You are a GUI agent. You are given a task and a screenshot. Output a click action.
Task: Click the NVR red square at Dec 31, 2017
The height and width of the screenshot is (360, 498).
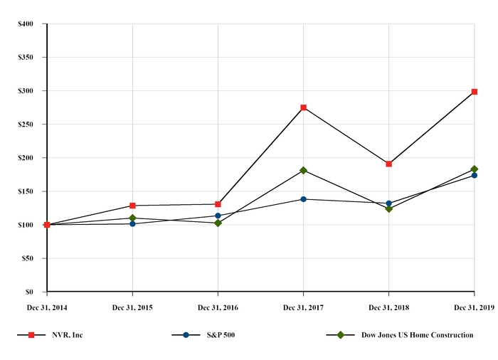tap(304, 107)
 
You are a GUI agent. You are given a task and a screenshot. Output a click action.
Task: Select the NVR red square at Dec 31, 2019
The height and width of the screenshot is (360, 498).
tap(475, 92)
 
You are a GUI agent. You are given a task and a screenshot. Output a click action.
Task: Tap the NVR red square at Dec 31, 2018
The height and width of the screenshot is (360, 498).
tap(389, 164)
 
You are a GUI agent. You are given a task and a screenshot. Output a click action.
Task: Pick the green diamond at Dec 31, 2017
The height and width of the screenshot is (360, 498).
tap(304, 170)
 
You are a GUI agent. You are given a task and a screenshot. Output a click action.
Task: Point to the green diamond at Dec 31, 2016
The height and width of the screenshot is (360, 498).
tap(218, 223)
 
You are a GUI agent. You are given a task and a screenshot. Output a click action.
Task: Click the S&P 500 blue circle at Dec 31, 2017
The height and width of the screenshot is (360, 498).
tap(304, 199)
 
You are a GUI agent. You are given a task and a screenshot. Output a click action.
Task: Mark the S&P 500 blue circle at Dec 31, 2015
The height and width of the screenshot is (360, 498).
tap(133, 223)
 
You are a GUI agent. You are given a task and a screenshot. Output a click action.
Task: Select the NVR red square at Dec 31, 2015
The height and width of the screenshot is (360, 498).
tap(133, 206)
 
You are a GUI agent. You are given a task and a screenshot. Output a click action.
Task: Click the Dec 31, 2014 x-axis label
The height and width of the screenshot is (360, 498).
tap(47, 307)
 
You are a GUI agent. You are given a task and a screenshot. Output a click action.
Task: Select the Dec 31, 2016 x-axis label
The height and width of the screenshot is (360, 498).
tap(218, 307)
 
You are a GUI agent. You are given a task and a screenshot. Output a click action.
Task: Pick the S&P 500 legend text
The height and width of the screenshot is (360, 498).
tap(221, 335)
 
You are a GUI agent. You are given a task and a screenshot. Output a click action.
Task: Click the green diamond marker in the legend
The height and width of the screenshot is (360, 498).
tap(341, 335)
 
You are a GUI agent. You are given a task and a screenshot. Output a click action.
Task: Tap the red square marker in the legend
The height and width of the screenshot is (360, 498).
tap(31, 335)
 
